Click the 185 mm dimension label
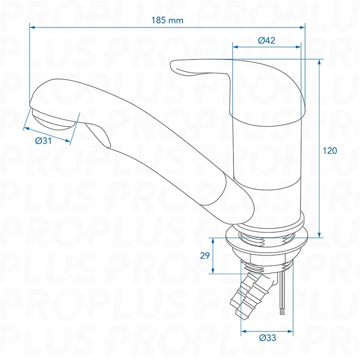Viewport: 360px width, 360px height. [167, 21]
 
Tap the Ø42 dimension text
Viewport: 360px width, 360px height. [266, 40]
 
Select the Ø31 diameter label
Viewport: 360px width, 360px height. [44, 140]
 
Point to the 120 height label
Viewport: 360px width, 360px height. [330, 150]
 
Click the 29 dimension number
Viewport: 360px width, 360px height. [205, 256]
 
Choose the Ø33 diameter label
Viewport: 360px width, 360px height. [268, 338]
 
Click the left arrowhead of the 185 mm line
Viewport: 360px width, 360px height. [32, 27]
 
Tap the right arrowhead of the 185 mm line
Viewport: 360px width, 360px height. [302, 27]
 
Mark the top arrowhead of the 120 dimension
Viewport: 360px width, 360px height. [319, 62]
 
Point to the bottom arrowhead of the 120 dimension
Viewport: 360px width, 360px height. [319, 235]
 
